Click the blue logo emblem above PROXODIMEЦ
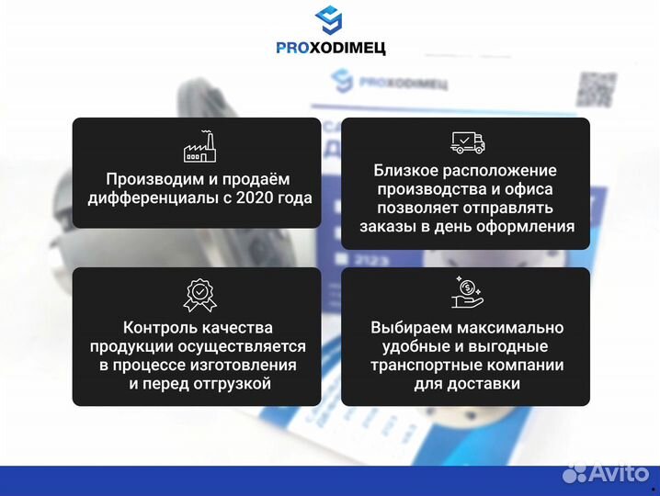click(330, 20)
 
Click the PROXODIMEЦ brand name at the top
click(330, 48)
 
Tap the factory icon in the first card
click(198, 148)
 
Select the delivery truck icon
click(466, 142)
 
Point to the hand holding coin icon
click(466, 290)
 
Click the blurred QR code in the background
click(595, 88)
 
